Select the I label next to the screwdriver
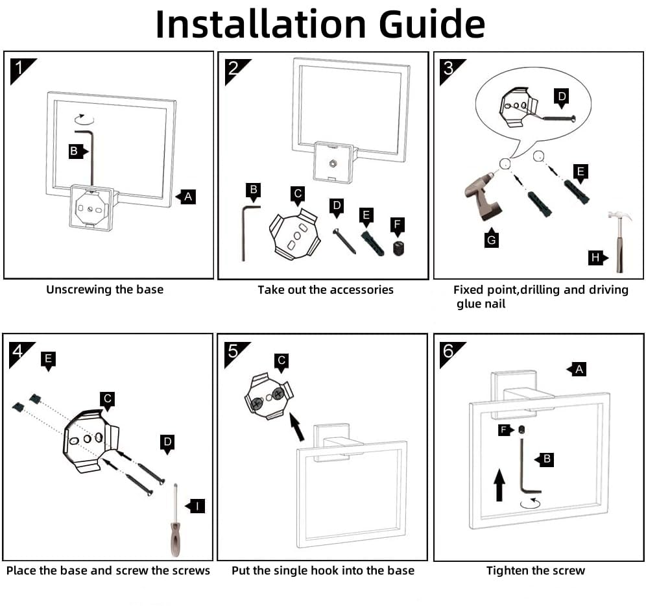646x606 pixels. (x=196, y=506)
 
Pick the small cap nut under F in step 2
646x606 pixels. (x=398, y=248)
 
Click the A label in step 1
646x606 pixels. (x=186, y=197)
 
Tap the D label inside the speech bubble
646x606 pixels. (x=562, y=98)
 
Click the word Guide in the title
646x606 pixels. (x=432, y=24)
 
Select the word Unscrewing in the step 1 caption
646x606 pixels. (x=78, y=289)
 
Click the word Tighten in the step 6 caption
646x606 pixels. (x=508, y=570)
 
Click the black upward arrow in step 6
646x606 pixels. (x=500, y=485)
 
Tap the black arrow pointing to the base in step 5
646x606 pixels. (x=296, y=427)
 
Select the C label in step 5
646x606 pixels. (x=281, y=362)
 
